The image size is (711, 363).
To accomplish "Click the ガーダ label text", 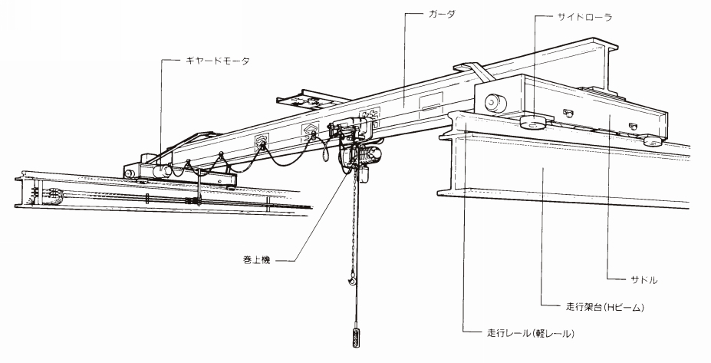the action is coord(442,14).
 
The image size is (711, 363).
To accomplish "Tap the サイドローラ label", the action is coord(585,17).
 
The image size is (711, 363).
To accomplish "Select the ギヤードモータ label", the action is coord(218,61).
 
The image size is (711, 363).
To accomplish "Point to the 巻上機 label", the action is coord(257,260).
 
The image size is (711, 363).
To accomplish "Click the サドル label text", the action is coord(644,280).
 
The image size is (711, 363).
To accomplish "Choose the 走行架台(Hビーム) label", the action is coord(605,307).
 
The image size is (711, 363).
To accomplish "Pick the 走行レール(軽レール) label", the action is coord(531,334).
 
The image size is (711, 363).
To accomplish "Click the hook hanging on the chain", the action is coord(351,277).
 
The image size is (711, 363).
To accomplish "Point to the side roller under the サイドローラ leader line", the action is coord(533,123).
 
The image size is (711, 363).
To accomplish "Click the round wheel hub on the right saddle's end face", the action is coord(495,103).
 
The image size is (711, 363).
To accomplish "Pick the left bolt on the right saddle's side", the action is coord(567,111).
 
